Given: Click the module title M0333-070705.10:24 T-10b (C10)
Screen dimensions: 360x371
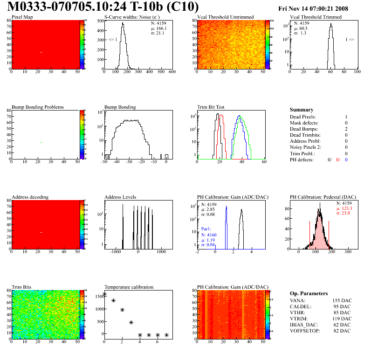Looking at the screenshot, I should (x=103, y=7).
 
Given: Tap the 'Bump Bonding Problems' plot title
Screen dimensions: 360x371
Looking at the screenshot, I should (x=37, y=107).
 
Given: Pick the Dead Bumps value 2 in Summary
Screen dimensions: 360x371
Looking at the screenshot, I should (x=346, y=129).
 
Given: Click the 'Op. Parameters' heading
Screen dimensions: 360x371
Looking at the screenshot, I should (x=309, y=293).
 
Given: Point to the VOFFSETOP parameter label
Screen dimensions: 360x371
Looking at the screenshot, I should (x=306, y=331).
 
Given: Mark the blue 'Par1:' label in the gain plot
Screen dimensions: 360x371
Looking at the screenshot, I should (x=207, y=229).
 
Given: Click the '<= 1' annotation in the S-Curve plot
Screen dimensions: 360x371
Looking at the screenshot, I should (x=112, y=40).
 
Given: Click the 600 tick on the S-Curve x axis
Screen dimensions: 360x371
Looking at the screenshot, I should (x=172, y=72).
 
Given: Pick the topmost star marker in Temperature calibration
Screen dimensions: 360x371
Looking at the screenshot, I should (x=104, y=294).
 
